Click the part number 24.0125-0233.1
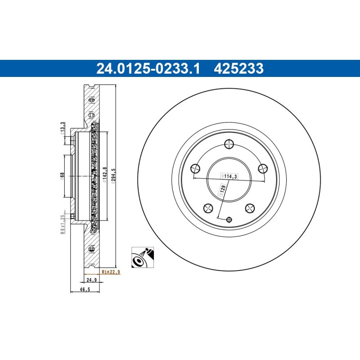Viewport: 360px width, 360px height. [148, 69]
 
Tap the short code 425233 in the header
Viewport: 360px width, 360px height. [239, 69]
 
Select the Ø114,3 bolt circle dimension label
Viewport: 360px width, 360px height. [229, 176]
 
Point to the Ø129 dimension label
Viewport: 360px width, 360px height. [223, 189]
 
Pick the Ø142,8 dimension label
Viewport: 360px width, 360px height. [105, 175]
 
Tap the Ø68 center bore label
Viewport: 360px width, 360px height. [62, 176]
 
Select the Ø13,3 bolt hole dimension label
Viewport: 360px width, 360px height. [62, 129]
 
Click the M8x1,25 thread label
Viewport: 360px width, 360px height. [62, 224]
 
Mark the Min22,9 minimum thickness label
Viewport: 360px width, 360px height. [111, 272]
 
